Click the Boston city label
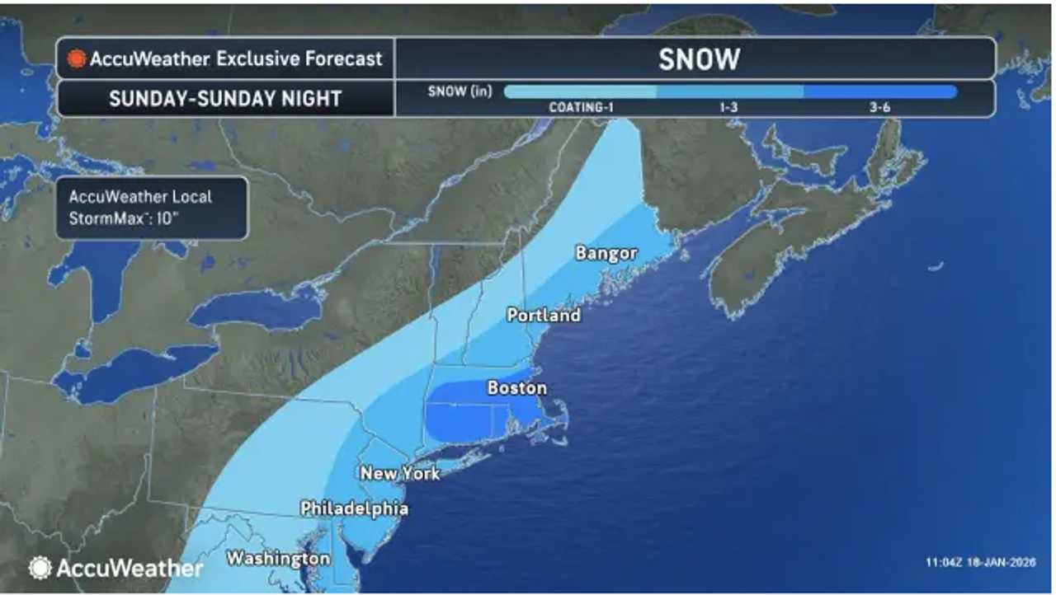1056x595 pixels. click(x=517, y=387)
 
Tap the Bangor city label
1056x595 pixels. click(x=606, y=253)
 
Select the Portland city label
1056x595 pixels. click(x=544, y=315)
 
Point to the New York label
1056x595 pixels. click(x=400, y=473)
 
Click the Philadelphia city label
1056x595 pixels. click(x=354, y=508)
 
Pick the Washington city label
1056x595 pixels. click(x=278, y=559)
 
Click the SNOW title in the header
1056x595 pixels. click(x=699, y=59)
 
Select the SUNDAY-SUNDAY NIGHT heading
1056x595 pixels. click(x=225, y=99)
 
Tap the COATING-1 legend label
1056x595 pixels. click(x=582, y=108)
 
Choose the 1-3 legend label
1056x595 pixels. click(x=728, y=108)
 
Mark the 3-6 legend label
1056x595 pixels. click(x=879, y=108)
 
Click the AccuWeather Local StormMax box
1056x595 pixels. click(x=152, y=208)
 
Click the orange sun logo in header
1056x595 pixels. click(x=77, y=59)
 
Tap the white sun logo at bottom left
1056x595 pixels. click(x=40, y=568)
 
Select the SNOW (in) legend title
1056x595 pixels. click(x=460, y=91)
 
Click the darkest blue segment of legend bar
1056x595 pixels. click(x=879, y=92)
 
